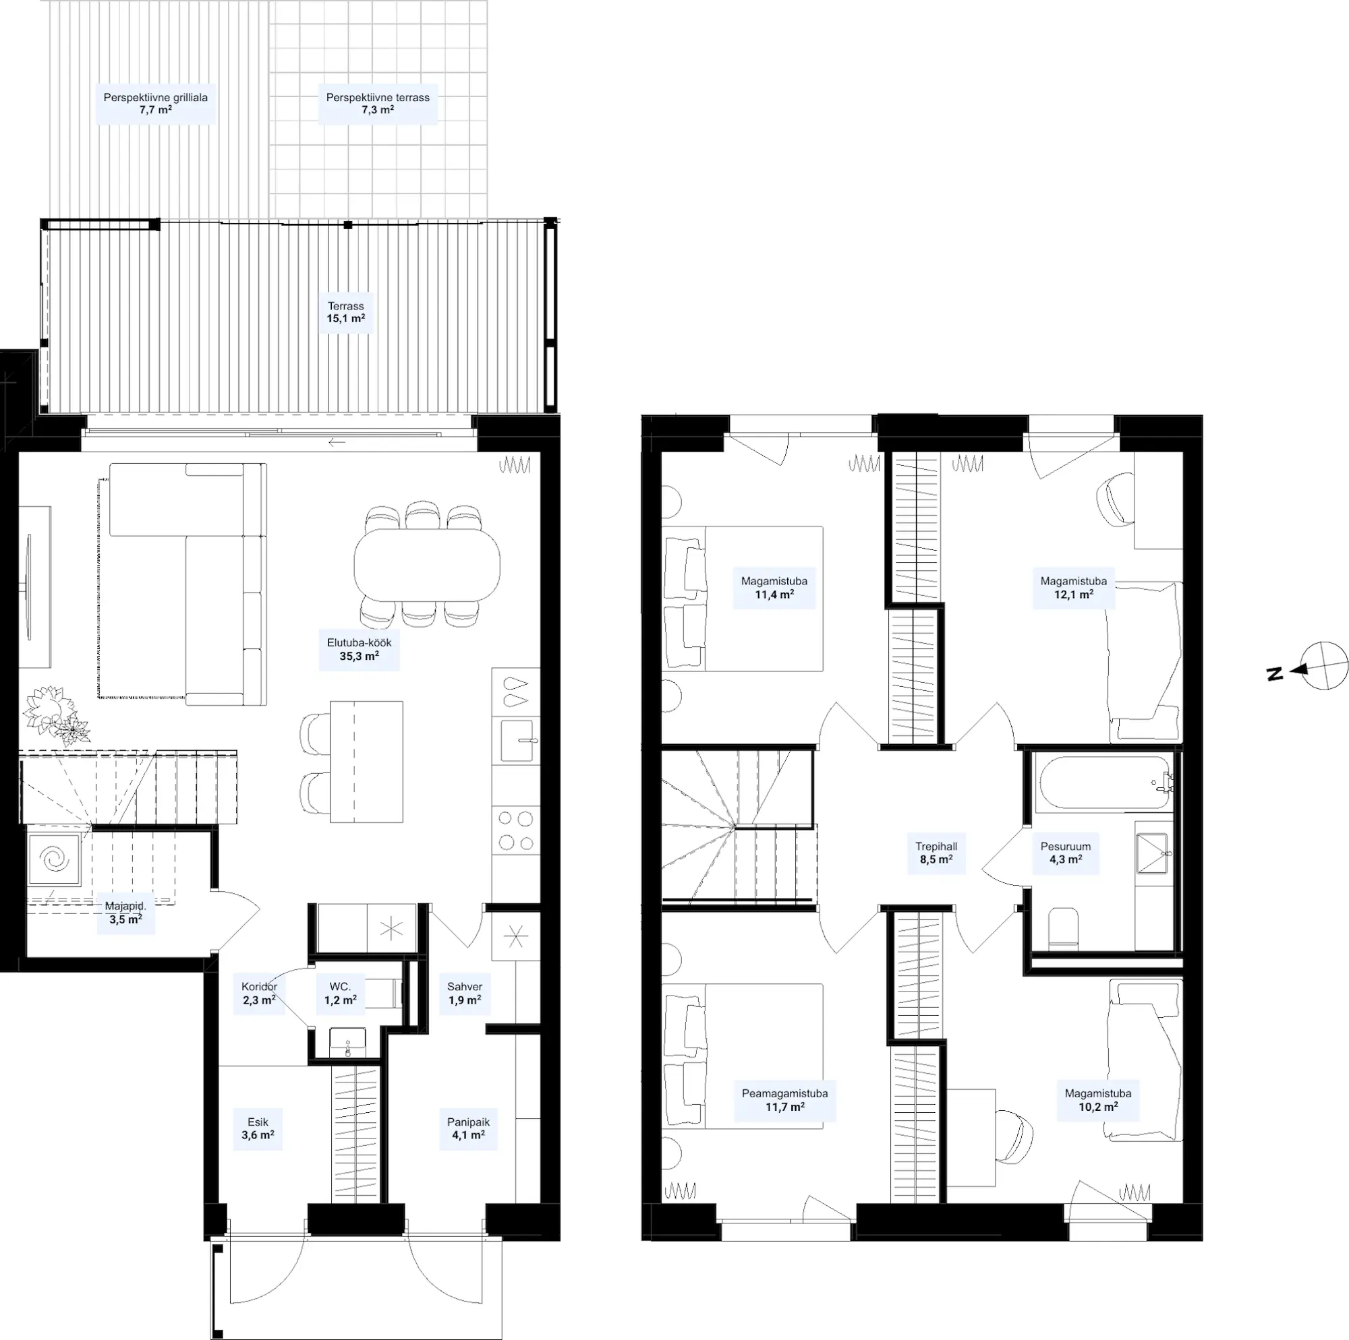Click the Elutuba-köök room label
(x=359, y=649)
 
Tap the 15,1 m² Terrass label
(x=345, y=312)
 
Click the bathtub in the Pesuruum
(x=1104, y=783)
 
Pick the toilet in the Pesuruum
(x=1064, y=929)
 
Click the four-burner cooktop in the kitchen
(x=515, y=830)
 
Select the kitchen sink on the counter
(x=516, y=741)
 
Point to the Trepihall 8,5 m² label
(x=936, y=853)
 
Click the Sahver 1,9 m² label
(x=464, y=993)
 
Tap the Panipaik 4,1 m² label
(x=469, y=1128)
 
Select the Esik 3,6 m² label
(x=258, y=1128)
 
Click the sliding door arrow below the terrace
(x=337, y=442)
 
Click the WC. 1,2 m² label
(x=340, y=993)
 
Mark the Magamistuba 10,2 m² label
(x=1098, y=1100)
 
